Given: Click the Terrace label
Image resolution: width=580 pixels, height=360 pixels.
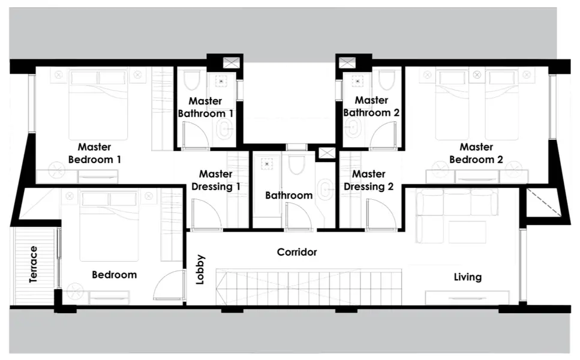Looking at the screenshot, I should coord(34,263).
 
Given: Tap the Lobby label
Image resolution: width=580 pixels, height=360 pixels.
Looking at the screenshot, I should coord(200,269).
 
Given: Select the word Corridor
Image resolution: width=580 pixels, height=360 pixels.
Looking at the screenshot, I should coord(296,252).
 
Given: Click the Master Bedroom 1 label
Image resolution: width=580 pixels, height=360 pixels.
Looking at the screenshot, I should coord(95,153).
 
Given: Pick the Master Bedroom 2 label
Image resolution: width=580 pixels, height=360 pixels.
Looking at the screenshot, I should coord(476,153).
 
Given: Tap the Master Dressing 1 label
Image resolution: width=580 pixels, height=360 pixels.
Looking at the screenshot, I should coord(215,180).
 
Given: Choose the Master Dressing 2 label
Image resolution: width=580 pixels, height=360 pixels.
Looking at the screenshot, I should coord(368,180).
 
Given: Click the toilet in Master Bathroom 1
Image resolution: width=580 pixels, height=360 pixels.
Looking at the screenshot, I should coord(193,81).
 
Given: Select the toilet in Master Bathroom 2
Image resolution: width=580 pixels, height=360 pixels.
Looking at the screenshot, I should coord(386,80).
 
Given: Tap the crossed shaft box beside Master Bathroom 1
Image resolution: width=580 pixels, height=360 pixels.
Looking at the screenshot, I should coord(231,62).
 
